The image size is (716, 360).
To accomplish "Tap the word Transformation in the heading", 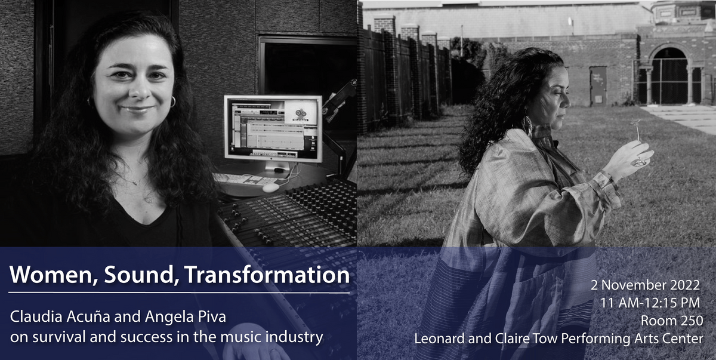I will [x=267, y=275].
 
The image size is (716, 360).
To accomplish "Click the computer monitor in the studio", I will [x=273, y=128].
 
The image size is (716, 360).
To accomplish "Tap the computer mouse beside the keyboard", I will [x=270, y=187].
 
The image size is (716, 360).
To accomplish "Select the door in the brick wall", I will [x=597, y=85].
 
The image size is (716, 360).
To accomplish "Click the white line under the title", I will [x=179, y=293].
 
